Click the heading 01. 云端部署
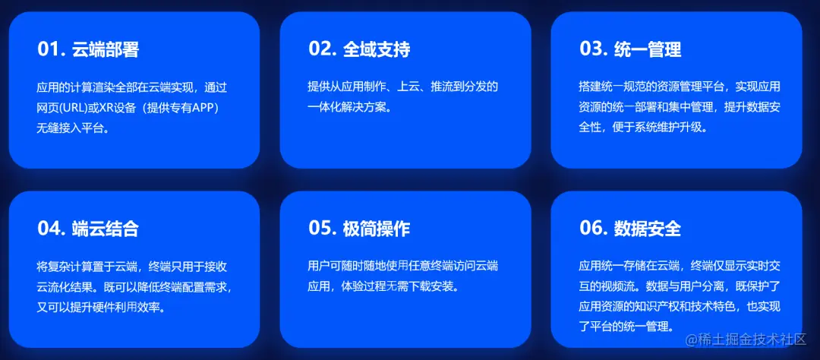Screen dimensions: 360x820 88,49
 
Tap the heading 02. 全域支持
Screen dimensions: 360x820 359,49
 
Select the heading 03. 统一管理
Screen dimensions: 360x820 630,49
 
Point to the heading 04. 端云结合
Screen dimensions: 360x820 88,229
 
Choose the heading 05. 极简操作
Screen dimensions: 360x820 359,229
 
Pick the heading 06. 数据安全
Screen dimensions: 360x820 630,229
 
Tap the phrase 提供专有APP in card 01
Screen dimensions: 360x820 181,107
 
